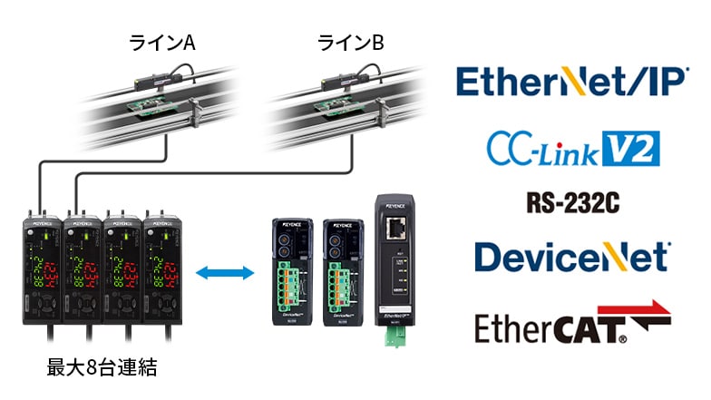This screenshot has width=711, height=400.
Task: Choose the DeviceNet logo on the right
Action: (x=572, y=257)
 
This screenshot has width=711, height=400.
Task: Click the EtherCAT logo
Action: (x=572, y=321)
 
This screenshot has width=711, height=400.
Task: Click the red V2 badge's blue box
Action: (x=633, y=147)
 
